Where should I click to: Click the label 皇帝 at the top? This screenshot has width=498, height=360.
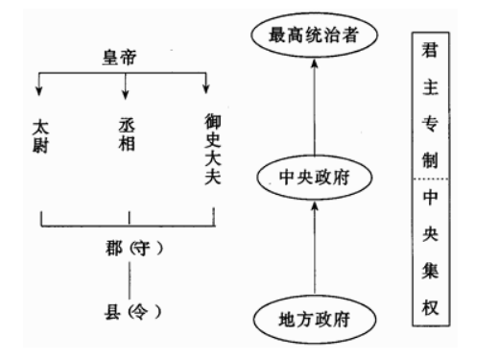pyautogui.click(x=125, y=57)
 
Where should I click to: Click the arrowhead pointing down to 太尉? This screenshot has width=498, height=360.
pyautogui.click(x=40, y=92)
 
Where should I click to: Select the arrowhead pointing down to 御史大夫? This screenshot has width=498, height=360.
pyautogui.click(x=206, y=92)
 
